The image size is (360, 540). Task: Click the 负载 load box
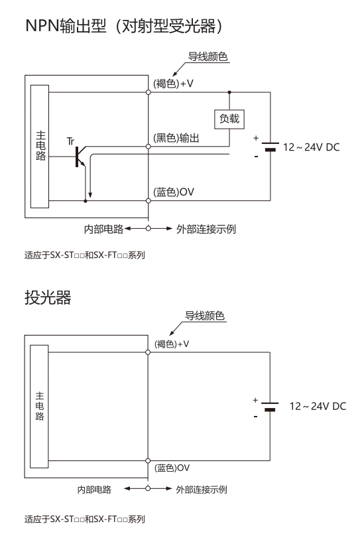229,119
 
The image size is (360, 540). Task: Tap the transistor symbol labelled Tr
80,157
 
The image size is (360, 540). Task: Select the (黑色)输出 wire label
176,138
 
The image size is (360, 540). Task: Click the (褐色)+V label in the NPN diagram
173,84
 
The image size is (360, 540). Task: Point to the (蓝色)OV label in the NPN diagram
174,192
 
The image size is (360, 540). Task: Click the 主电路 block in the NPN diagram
40,147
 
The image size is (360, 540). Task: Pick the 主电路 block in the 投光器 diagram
39,407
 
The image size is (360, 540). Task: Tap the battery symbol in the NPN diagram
270,147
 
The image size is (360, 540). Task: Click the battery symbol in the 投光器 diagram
270,407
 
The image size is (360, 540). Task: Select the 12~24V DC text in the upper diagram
311,147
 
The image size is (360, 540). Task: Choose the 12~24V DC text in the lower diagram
318,407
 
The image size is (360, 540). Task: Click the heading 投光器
48,297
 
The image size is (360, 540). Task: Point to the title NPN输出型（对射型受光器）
124,26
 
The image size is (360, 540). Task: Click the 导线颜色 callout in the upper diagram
208,56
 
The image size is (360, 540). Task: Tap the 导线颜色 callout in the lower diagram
205,316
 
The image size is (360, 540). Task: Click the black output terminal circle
149,147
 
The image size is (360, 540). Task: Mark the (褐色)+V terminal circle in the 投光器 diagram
148,352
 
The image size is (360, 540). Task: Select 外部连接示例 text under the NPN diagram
206,229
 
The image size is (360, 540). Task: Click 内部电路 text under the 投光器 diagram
94,490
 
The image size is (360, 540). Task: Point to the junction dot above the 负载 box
229,92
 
